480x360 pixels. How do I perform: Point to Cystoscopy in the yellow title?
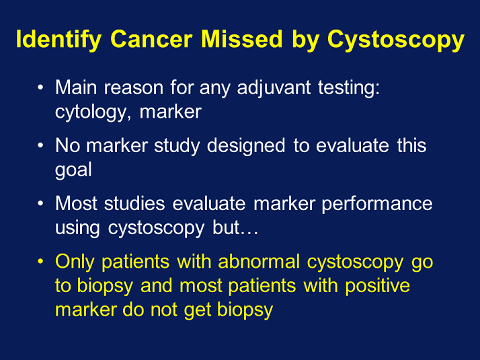pos(396,40)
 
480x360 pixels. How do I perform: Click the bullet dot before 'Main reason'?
pos(42,88)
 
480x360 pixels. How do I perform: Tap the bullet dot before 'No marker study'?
pos(42,146)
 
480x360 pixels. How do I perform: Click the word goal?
pos(73,170)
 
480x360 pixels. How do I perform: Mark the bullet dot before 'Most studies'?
pos(42,204)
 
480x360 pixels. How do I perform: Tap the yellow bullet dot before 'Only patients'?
pos(42,262)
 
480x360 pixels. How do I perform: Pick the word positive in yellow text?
pos(378,285)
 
